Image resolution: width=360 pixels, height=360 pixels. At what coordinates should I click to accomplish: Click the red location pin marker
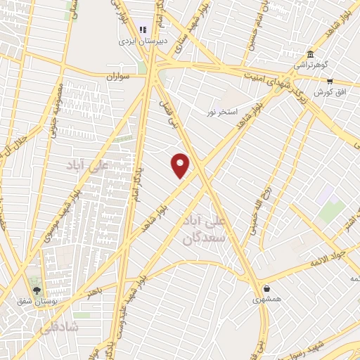[181, 165]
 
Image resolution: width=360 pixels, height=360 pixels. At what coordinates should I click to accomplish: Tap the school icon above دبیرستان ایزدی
[143, 30]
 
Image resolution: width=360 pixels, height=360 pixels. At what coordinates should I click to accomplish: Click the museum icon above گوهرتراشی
[310, 55]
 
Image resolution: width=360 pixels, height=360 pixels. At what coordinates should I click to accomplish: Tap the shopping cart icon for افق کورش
[329, 82]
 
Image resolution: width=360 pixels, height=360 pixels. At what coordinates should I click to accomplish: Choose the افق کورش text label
[323, 92]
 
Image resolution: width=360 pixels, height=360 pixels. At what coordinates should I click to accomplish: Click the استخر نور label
[223, 112]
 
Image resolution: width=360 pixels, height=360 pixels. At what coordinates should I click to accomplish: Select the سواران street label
[120, 75]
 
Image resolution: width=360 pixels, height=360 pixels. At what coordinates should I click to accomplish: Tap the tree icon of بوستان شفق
[37, 290]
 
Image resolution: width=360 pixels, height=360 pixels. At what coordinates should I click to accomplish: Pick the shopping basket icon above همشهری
[266, 288]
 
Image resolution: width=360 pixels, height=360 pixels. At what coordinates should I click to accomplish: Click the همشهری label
[266, 299]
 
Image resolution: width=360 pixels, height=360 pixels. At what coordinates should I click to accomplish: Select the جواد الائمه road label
[330, 257]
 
